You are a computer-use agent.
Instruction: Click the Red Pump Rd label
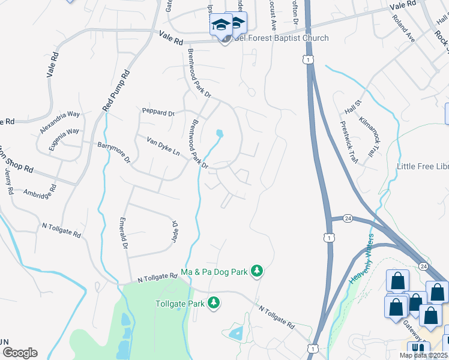(x=116, y=91)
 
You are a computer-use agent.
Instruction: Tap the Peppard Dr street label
(x=158, y=112)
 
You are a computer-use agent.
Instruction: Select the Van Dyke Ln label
(x=163, y=146)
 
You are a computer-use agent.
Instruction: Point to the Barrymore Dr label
(x=114, y=152)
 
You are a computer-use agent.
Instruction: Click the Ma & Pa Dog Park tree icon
(x=257, y=272)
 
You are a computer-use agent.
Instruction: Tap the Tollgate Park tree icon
(x=214, y=303)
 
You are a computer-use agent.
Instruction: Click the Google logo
(x=20, y=352)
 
